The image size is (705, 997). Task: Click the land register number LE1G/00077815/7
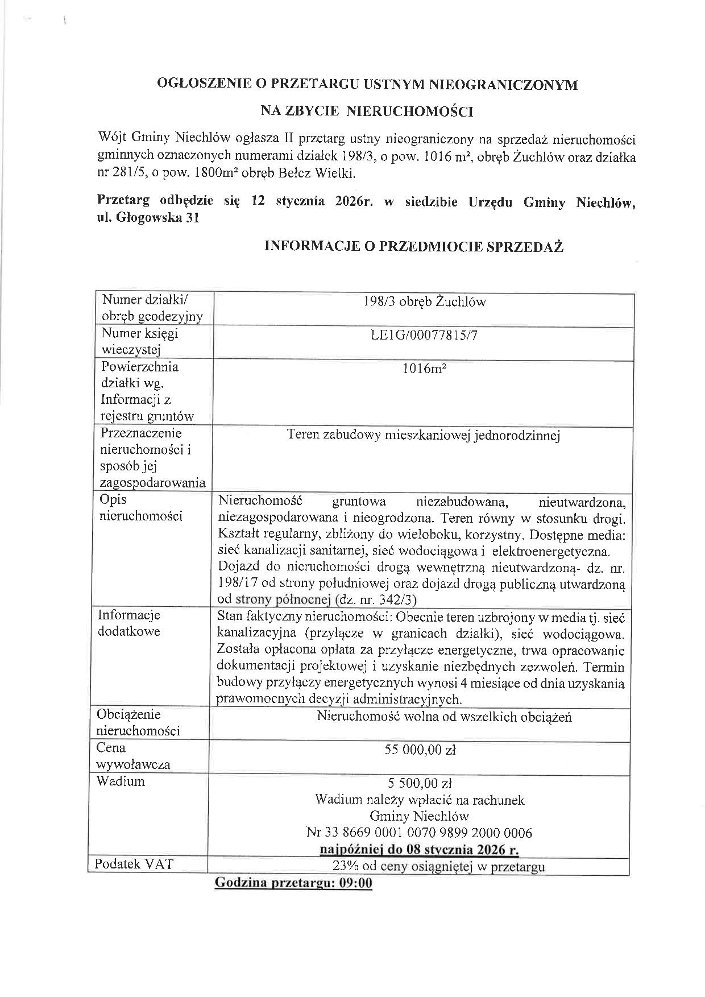click(x=424, y=335)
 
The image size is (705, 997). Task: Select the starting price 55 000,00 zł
click(x=421, y=750)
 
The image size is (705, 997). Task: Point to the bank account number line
click(x=420, y=833)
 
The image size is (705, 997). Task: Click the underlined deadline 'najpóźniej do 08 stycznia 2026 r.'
click(x=420, y=850)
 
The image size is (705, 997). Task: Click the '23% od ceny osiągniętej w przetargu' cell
click(x=438, y=867)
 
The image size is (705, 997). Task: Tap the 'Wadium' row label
click(x=121, y=781)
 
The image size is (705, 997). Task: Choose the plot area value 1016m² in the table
click(x=424, y=369)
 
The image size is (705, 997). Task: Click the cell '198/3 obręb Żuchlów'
click(x=425, y=302)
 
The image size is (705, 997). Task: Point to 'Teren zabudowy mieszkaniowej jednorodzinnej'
click(x=424, y=436)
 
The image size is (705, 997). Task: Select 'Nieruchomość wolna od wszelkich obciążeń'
click(x=444, y=717)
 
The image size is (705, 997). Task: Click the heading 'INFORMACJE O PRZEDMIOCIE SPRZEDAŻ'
click(x=414, y=246)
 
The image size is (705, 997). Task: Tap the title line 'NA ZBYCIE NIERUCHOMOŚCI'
click(x=367, y=111)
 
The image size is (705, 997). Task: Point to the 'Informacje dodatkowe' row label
click(x=129, y=623)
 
